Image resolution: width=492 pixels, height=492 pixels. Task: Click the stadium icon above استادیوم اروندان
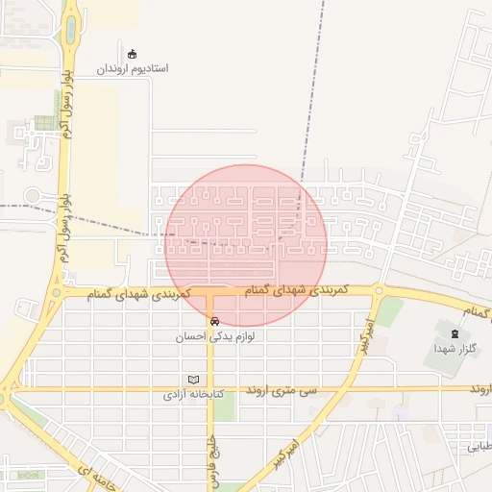coord(132,54)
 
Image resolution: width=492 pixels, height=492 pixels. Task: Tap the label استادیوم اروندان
coord(134,70)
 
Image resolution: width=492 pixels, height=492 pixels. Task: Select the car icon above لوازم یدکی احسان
coord(213,322)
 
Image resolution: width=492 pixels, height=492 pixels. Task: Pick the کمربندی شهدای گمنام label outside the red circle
coord(139,291)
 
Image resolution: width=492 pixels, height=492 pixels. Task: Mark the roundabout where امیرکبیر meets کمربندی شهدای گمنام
coord(380,290)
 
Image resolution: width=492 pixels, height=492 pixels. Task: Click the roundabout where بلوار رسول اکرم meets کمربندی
coord(57,293)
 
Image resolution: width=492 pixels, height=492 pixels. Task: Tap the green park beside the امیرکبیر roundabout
coord(389,310)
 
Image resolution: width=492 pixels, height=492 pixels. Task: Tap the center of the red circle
coord(246,246)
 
